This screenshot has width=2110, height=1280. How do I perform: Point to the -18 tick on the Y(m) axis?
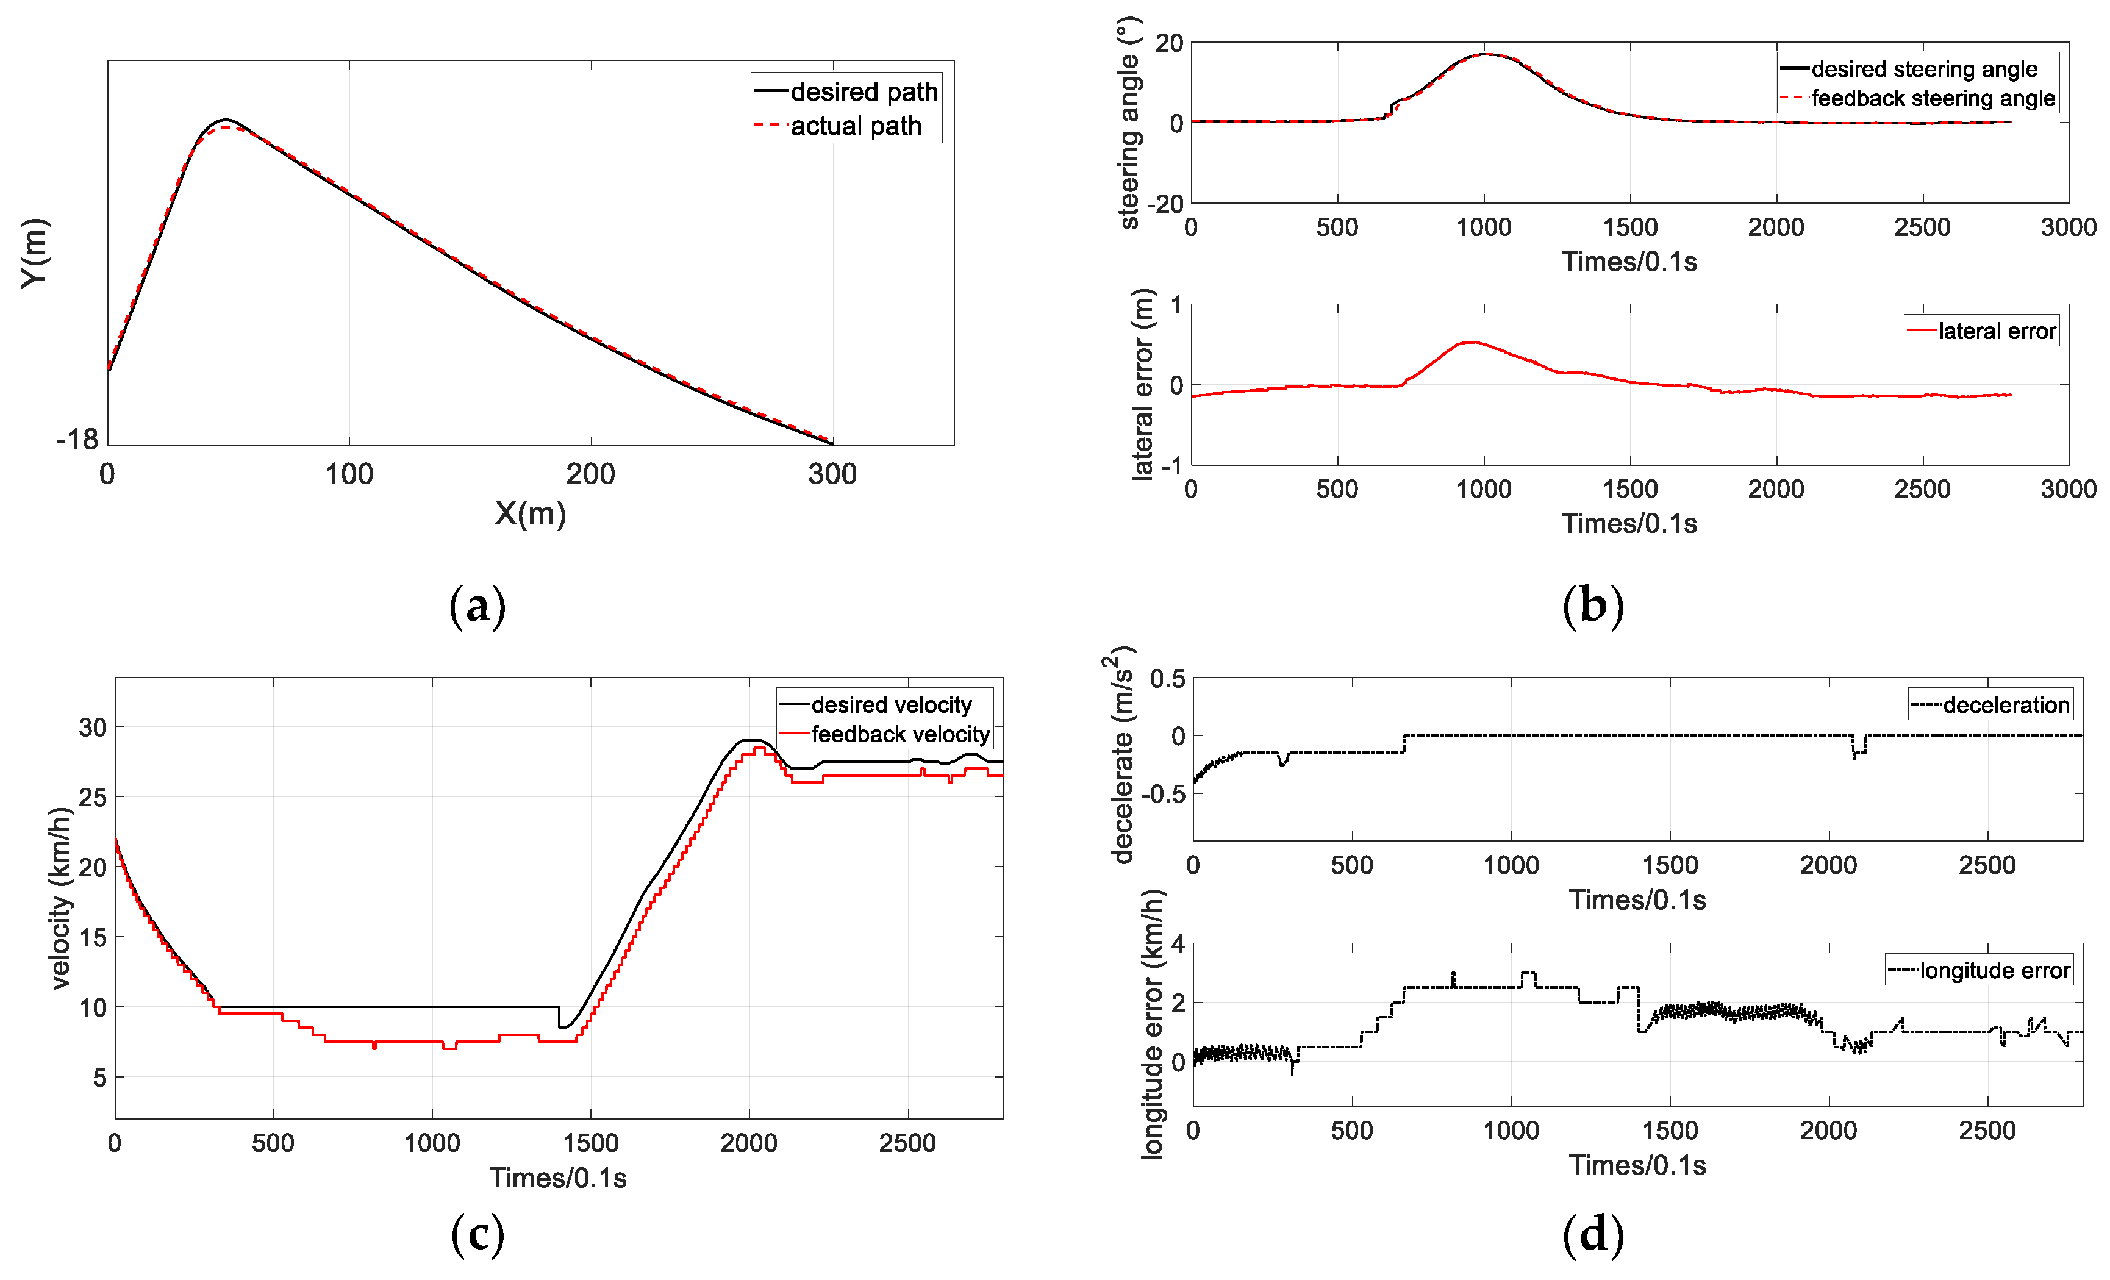tap(77, 439)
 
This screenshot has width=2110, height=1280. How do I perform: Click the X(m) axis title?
tap(530, 513)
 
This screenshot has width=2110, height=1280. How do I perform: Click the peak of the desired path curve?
tap(226, 120)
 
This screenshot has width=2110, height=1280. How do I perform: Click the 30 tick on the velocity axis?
tap(93, 728)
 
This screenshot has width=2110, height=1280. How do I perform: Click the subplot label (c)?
tap(477, 1234)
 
